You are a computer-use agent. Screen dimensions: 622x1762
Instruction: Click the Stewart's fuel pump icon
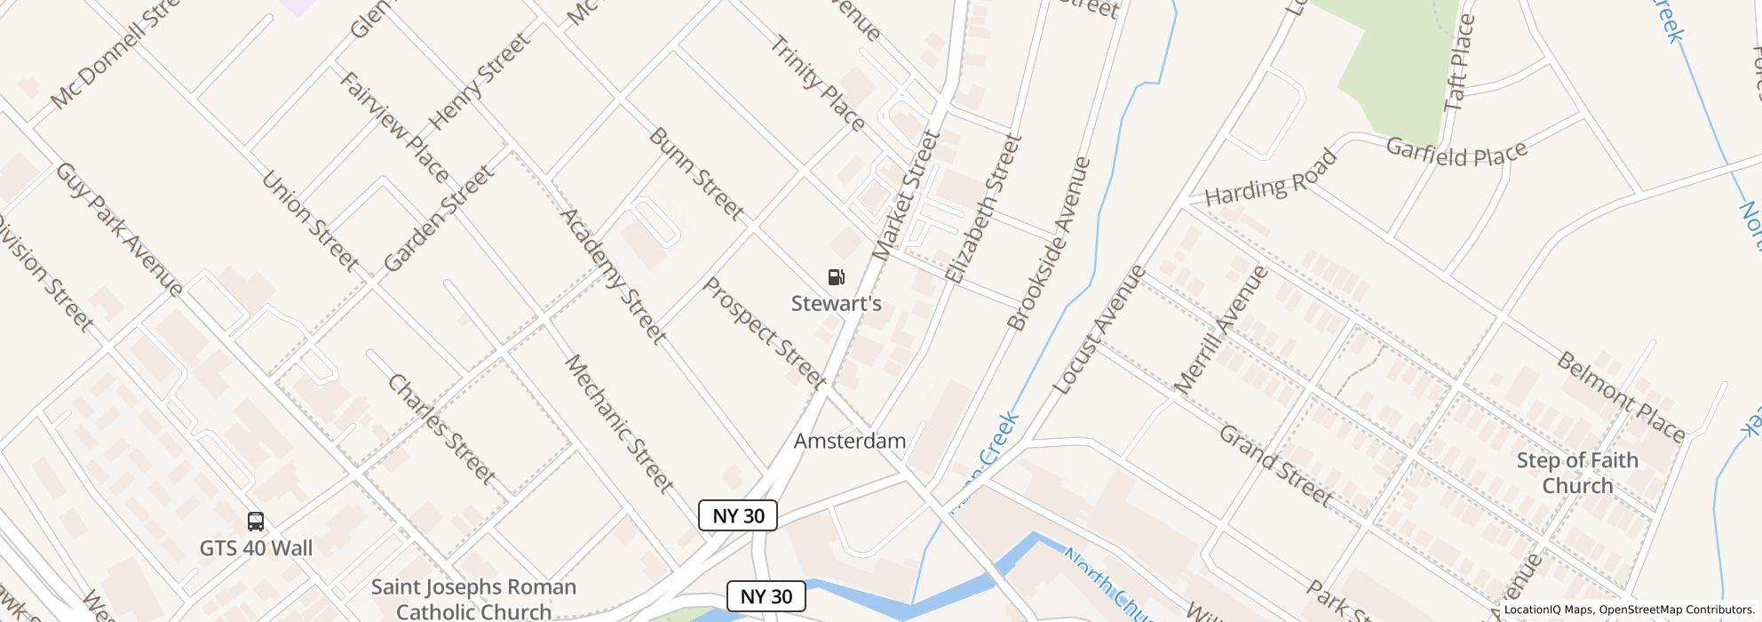(836, 278)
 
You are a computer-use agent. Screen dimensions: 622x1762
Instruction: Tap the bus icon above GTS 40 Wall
(256, 522)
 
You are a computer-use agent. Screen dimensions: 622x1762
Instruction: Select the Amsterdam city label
(849, 441)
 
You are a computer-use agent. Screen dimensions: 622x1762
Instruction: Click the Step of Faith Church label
(1576, 473)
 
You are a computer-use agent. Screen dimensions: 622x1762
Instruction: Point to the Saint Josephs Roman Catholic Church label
(473, 599)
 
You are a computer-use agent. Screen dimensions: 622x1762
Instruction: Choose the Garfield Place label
(1456, 151)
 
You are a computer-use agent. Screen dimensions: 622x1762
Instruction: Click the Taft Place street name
(1459, 63)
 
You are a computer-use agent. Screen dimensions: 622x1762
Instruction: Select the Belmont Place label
(1621, 396)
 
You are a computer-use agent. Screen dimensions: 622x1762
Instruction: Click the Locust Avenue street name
(1099, 331)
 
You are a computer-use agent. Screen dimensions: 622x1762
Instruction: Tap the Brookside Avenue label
(1050, 243)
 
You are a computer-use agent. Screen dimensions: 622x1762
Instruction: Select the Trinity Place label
(817, 83)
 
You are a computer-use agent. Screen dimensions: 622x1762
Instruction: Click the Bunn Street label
(695, 173)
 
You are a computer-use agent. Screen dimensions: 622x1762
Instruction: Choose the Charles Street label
(441, 429)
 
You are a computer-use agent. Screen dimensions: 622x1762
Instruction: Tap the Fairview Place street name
(393, 126)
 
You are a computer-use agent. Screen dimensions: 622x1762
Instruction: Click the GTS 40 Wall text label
(256, 548)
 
